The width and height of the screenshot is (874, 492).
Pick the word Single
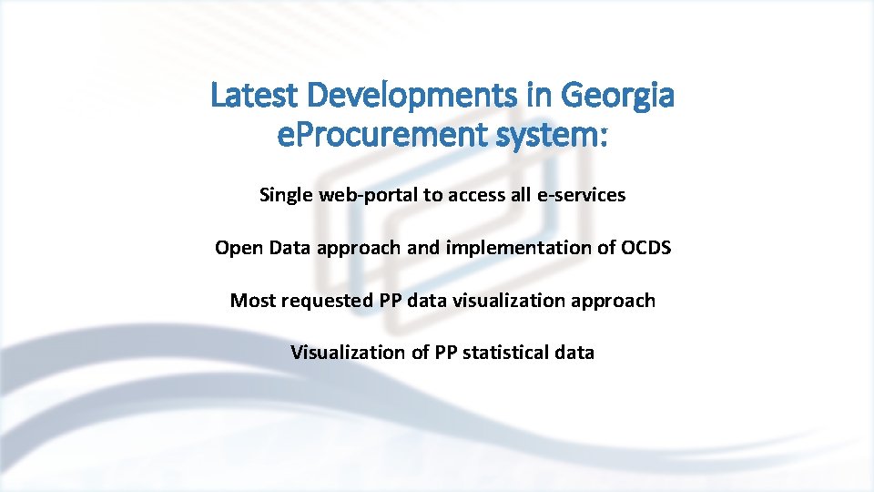pos(284,195)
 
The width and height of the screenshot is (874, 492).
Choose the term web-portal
pos(356,195)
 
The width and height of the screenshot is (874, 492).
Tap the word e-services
pos(582,195)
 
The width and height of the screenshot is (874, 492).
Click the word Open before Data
pos(236,248)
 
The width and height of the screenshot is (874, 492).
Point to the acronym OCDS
pos(645,248)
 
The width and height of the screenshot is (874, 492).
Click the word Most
pos(251,301)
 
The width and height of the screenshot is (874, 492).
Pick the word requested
pos(317,301)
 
